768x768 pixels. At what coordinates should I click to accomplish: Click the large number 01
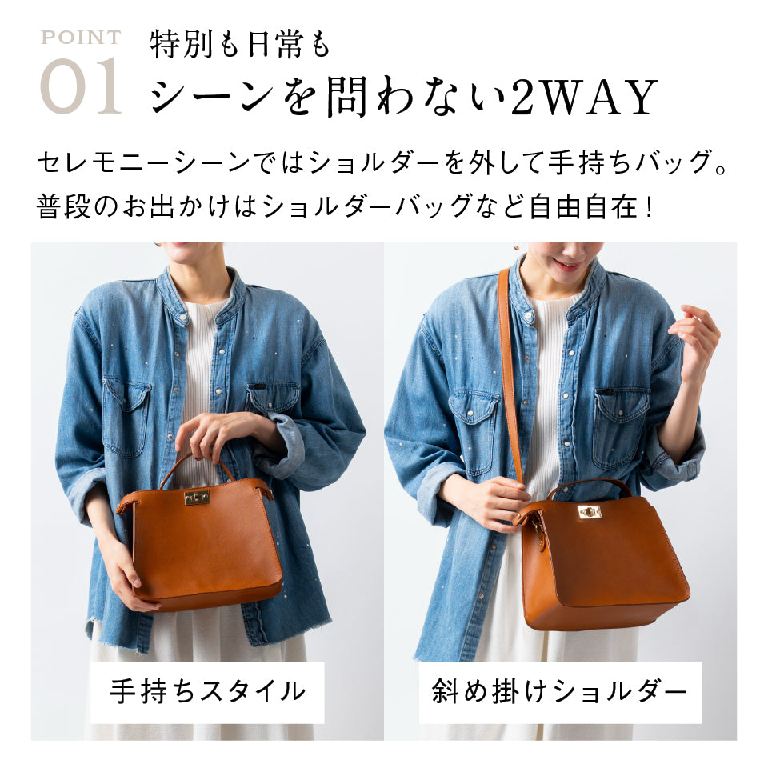coord(82,87)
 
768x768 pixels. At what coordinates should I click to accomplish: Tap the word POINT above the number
coord(81,38)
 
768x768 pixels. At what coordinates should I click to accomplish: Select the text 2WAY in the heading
coord(584,98)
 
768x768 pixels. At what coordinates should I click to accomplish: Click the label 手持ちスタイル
coord(207,690)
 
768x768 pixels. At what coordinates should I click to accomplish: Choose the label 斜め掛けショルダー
coord(559,690)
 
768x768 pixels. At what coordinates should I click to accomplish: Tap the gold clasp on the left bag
coord(196,498)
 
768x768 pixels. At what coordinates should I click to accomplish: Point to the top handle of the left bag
coord(196,462)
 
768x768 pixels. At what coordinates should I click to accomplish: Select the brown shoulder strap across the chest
coord(510,368)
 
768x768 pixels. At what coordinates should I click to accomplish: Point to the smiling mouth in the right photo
coord(566,264)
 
